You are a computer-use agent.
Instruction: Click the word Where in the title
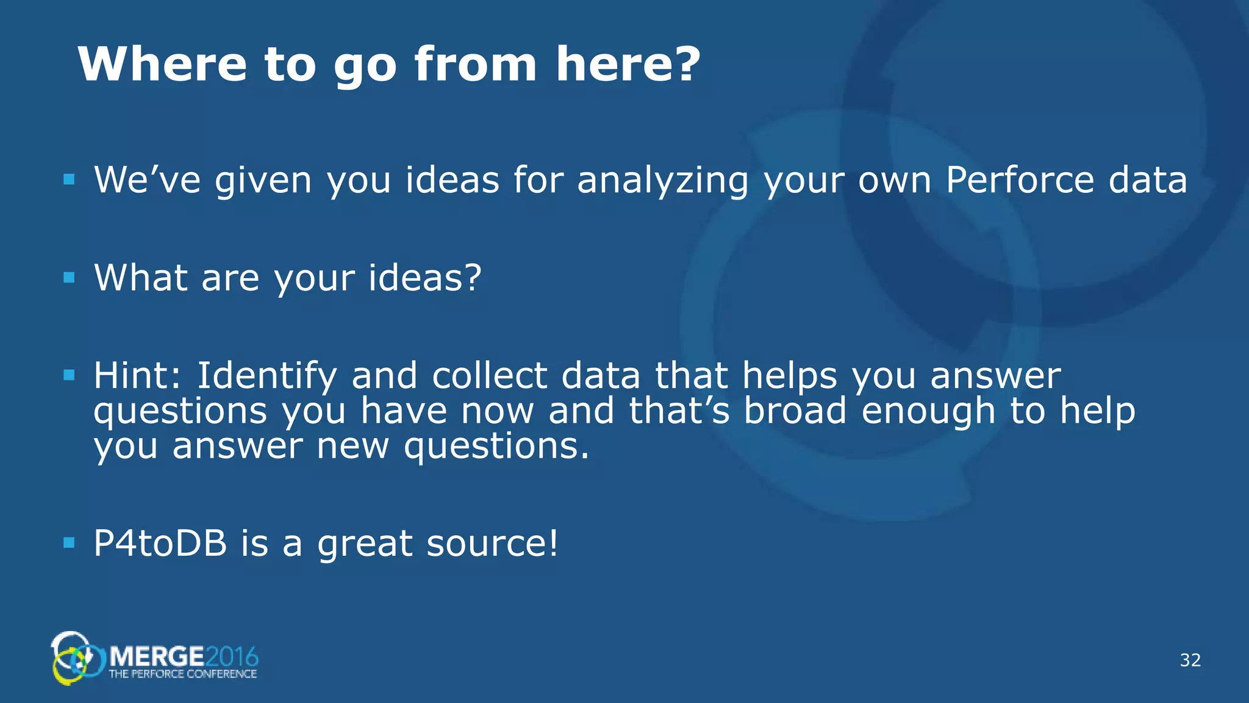tap(162, 64)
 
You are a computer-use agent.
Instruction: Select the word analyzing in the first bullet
tap(662, 181)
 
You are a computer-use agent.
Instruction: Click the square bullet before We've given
tap(69, 179)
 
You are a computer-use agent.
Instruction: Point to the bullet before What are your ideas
tap(69, 278)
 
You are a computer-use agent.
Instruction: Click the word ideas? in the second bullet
tap(425, 278)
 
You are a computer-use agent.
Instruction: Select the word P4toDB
tap(160, 543)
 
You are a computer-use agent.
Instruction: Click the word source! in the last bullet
tap(492, 543)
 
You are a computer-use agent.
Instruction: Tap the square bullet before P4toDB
tap(69, 543)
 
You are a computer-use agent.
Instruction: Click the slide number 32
tap(1190, 660)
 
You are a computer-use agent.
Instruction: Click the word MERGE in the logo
tap(157, 657)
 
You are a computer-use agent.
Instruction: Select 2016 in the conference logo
tap(232, 657)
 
